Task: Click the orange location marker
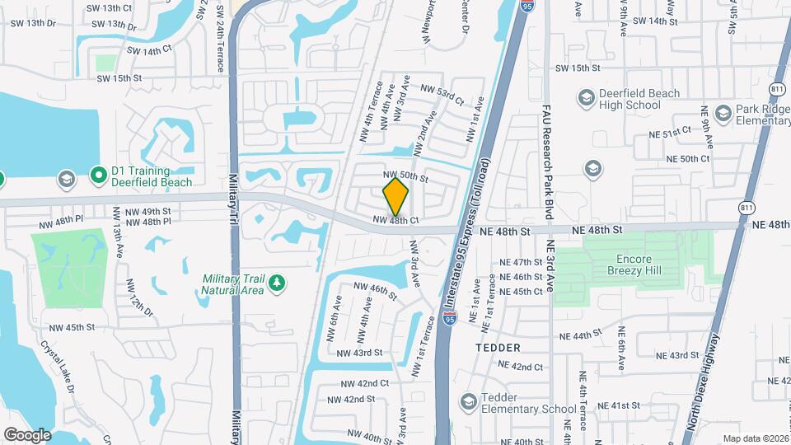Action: (x=395, y=196)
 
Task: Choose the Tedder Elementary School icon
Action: (x=469, y=402)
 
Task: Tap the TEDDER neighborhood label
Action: (x=498, y=348)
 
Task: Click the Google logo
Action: (x=26, y=434)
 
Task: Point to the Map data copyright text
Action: (x=754, y=438)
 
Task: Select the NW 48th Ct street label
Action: (x=395, y=220)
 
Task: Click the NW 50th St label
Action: (x=405, y=177)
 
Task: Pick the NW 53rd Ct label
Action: (x=442, y=92)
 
